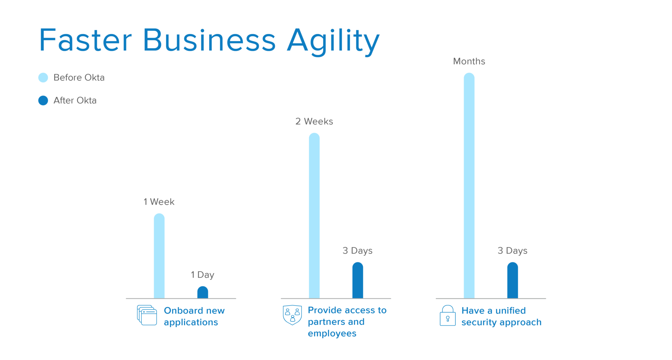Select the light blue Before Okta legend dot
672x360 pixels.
pyautogui.click(x=43, y=78)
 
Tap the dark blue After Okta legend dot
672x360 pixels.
pyautogui.click(x=43, y=101)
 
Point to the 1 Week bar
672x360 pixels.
pyautogui.click(x=159, y=256)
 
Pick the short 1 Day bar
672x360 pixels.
pyautogui.click(x=203, y=292)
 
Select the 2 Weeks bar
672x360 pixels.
pyautogui.click(x=314, y=216)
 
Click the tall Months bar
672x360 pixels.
pyautogui.click(x=469, y=185)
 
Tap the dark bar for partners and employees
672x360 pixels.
pyautogui.click(x=358, y=280)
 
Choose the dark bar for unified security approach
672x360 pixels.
pyautogui.click(x=512, y=280)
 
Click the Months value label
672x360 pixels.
pyautogui.click(x=469, y=62)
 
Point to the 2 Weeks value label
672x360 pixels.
pyautogui.click(x=314, y=121)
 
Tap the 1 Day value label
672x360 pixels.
pyautogui.click(x=203, y=275)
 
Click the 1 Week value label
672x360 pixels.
pyautogui.click(x=159, y=202)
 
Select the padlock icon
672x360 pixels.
pyautogui.click(x=448, y=316)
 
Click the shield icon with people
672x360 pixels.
pyautogui.click(x=292, y=315)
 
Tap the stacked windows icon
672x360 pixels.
pyautogui.click(x=147, y=315)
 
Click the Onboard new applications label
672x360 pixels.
pyautogui.click(x=194, y=316)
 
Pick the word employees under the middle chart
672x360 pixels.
pyautogui.click(x=332, y=334)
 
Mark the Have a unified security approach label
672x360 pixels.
pyautogui.click(x=502, y=316)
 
